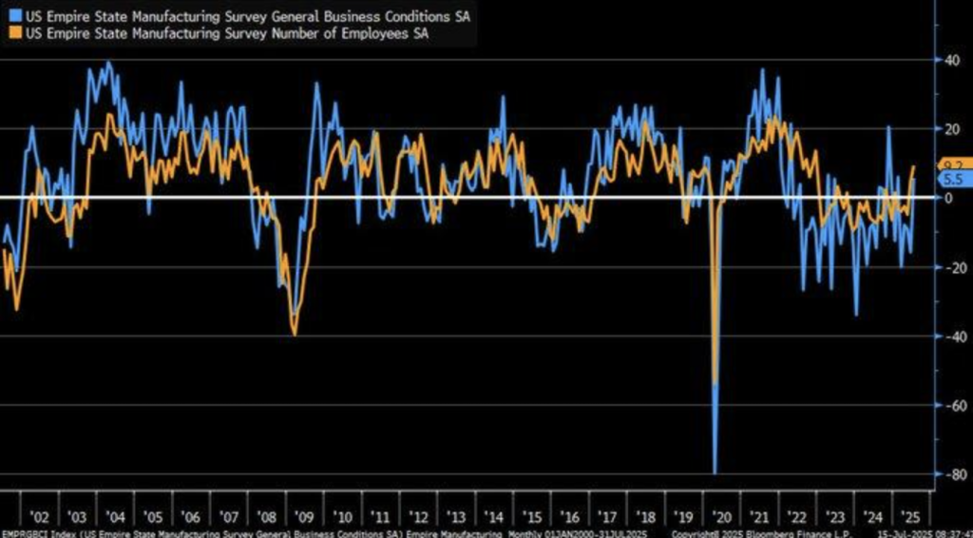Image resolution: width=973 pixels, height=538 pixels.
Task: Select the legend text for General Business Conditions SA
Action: pos(241,16)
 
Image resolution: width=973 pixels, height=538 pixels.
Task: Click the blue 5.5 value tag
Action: pos(953,179)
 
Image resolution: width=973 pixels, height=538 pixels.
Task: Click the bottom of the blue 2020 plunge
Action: pos(714,472)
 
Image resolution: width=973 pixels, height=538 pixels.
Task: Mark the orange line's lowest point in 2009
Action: pos(295,334)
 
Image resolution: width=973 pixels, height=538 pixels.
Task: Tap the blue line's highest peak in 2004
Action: pos(107,63)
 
